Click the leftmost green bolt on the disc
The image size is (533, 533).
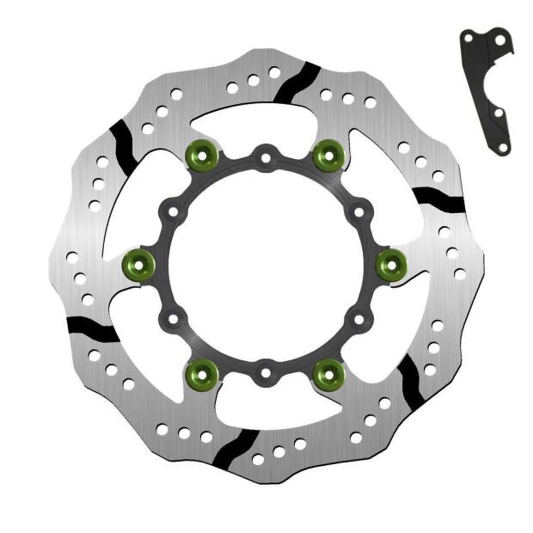[x=139, y=264]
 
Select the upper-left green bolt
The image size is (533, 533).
[x=202, y=155]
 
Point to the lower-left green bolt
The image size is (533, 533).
[x=202, y=373]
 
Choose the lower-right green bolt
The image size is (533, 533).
[x=328, y=373]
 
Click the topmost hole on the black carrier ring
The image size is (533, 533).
[x=266, y=157]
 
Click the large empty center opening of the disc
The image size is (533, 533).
[x=266, y=265]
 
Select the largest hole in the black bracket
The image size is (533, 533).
[x=501, y=40]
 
